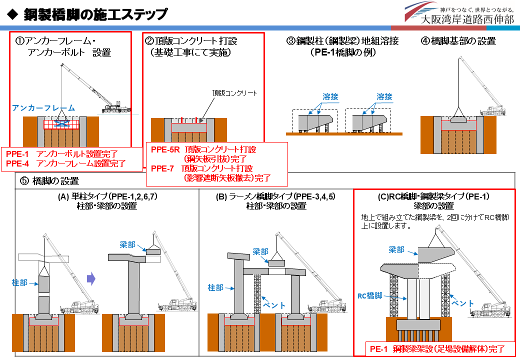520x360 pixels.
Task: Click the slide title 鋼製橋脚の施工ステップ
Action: pos(95,14)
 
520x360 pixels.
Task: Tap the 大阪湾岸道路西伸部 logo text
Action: pos(467,20)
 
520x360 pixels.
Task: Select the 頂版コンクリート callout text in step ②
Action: pos(234,93)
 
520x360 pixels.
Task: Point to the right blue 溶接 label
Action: pos(384,96)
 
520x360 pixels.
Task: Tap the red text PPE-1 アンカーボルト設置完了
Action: pos(65,153)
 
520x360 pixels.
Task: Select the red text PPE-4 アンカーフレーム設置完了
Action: pos(65,163)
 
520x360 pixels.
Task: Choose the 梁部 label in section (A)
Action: pos(128,244)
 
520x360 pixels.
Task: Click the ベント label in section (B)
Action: pos(274,305)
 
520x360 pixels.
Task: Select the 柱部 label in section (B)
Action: pos(216,287)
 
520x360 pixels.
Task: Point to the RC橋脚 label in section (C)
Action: pos(369,295)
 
